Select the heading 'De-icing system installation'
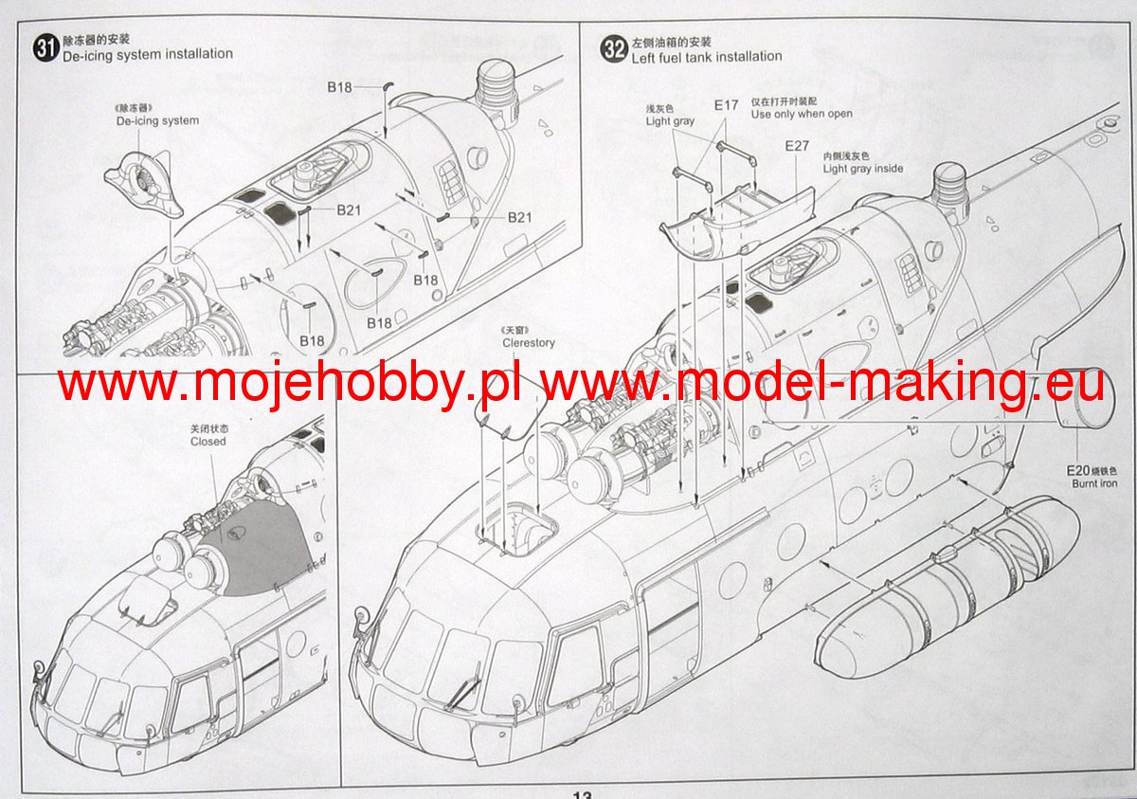click(x=147, y=54)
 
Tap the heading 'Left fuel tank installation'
click(x=706, y=57)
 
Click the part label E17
click(x=726, y=105)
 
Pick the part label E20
click(x=1079, y=469)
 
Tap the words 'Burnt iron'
click(x=1094, y=483)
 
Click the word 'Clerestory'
click(x=529, y=343)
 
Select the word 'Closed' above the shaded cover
click(x=208, y=442)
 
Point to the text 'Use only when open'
click(x=801, y=114)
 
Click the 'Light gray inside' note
click(x=862, y=169)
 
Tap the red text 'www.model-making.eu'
click(x=822, y=384)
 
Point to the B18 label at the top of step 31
click(x=339, y=87)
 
